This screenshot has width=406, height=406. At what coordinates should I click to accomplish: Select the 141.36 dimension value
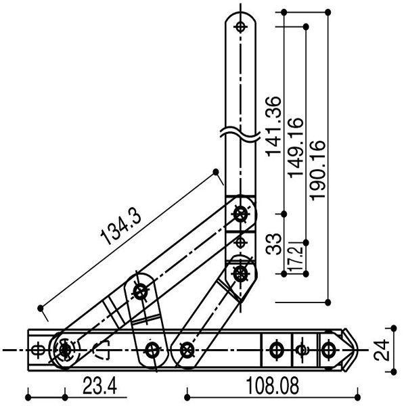point(273,126)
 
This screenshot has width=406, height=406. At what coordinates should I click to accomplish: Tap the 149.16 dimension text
point(296,147)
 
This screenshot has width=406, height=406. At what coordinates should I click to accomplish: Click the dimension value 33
point(273,244)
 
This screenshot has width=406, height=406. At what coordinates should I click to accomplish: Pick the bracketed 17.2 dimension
point(295,257)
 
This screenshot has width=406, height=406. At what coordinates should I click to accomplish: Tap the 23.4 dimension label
point(99,387)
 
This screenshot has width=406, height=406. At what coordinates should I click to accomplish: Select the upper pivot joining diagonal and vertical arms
point(240,215)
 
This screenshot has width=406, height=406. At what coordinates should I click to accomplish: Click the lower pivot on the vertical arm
point(240,273)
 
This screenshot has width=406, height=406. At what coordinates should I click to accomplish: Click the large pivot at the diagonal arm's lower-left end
point(64,350)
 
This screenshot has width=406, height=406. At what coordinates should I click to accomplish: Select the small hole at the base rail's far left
point(39,350)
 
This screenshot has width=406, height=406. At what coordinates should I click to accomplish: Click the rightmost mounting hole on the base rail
point(328,350)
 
